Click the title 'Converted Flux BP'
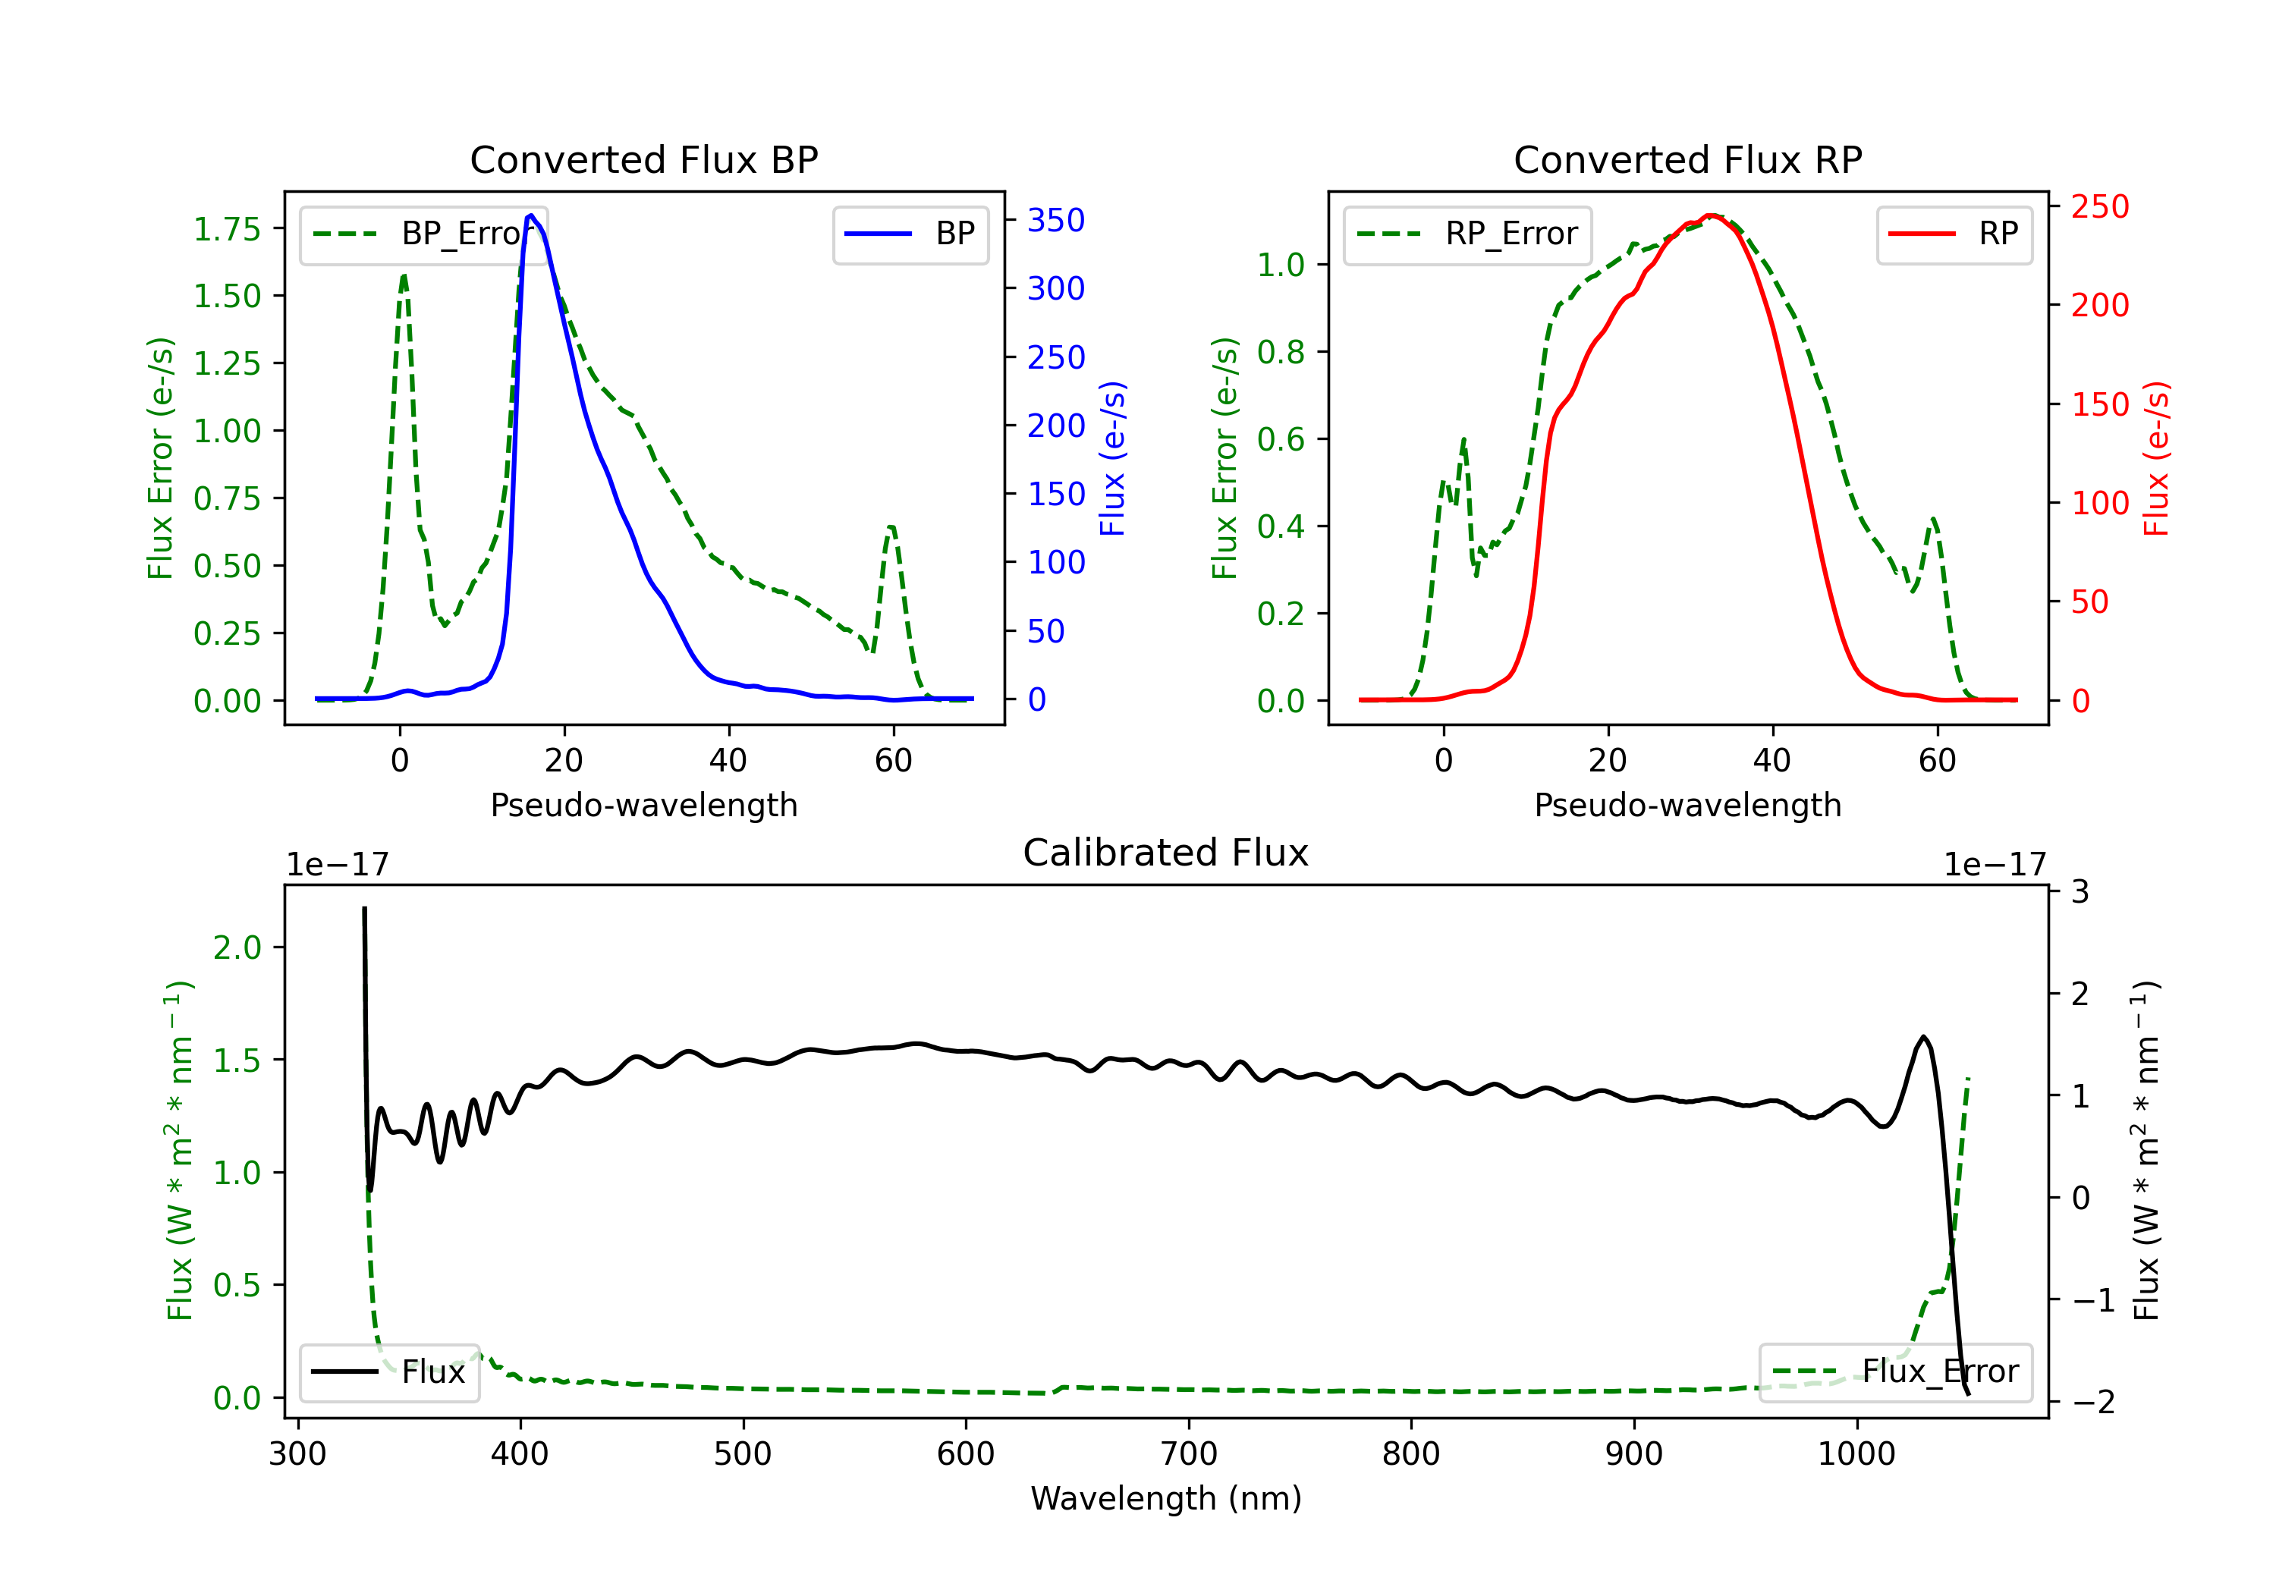click(643, 159)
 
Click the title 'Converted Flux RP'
click(1687, 159)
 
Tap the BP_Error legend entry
click(424, 234)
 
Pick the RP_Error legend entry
click(1468, 234)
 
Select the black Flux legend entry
click(390, 1372)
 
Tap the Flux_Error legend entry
click(1895, 1372)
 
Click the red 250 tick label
click(2098, 206)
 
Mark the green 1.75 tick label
click(226, 229)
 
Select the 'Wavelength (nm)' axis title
click(1166, 1498)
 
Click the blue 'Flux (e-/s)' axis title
click(1112, 458)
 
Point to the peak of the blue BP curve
click(531, 215)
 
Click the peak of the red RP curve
click(1710, 215)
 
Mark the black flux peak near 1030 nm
click(1923, 1037)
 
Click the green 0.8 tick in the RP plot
click(1280, 352)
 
